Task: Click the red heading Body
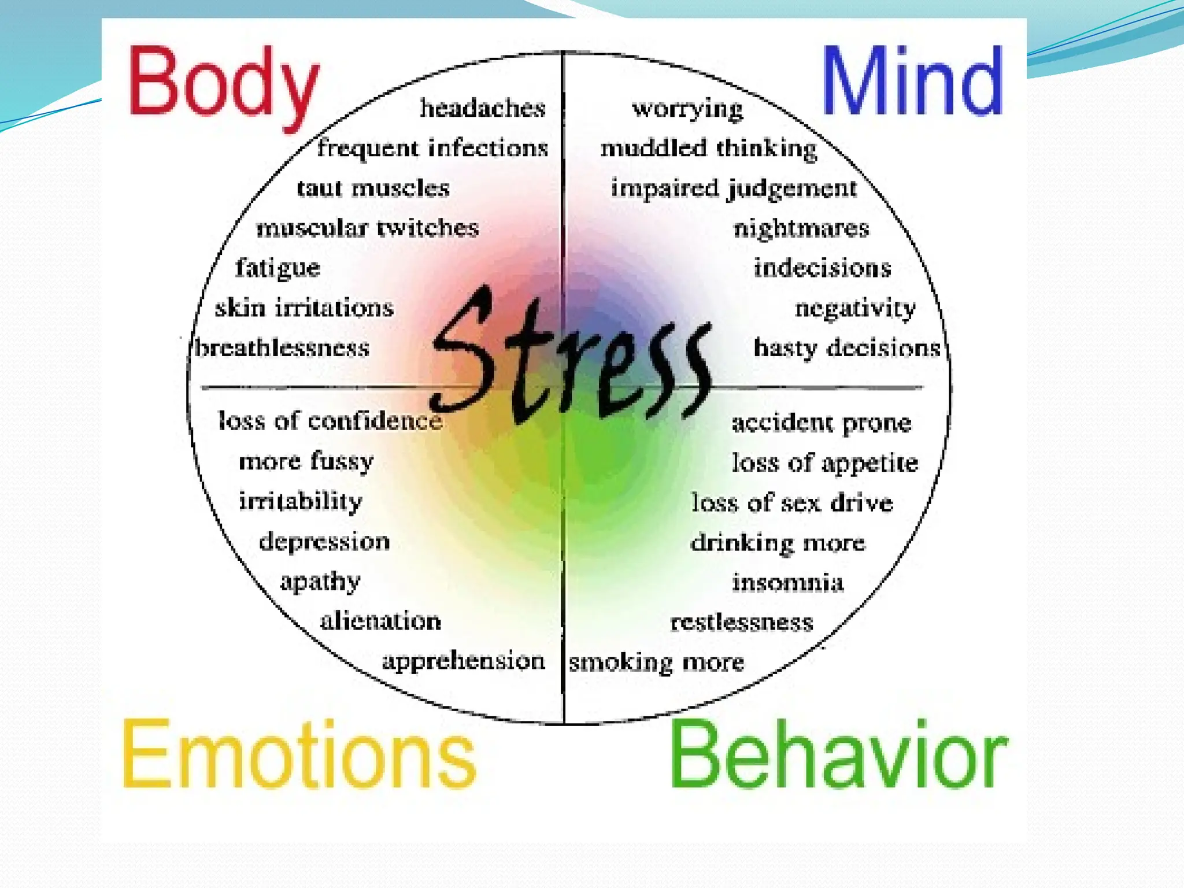coord(223,84)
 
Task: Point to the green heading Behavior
coord(838,754)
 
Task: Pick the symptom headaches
coord(483,108)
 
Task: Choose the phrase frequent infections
coord(432,149)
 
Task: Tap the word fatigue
coord(277,268)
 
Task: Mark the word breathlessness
coord(282,348)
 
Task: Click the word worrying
coord(687,109)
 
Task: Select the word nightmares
coord(801,228)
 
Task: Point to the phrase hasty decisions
coord(847,348)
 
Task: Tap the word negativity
coord(855,308)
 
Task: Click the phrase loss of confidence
coord(330,421)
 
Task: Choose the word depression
coord(324,542)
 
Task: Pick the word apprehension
coord(463,661)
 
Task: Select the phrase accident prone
coord(822,423)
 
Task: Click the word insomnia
coord(788,582)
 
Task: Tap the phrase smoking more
coord(656,663)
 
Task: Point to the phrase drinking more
coord(778,543)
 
